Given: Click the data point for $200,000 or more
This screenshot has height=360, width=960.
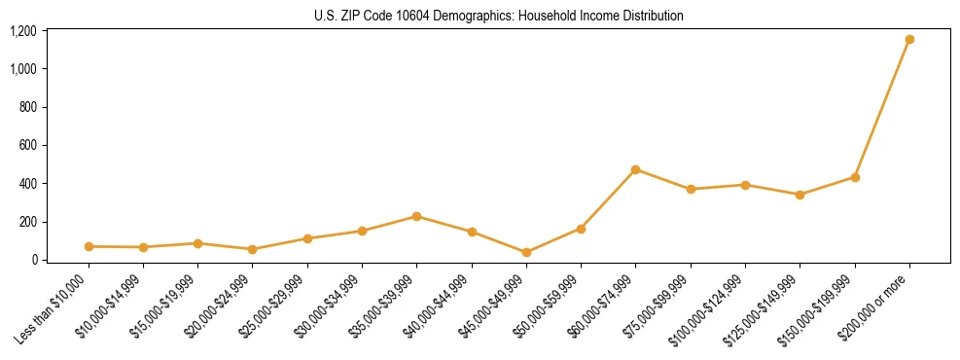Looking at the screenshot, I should coord(909,40).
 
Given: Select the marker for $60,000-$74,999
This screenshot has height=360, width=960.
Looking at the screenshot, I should coord(636,169).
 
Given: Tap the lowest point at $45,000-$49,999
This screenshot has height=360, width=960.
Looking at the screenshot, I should coord(526,252).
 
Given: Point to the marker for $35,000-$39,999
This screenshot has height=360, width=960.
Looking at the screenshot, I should coord(417,216).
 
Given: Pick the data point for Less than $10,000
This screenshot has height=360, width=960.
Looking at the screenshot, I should coord(89,246).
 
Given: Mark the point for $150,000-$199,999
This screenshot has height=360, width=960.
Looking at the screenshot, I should coord(855,177).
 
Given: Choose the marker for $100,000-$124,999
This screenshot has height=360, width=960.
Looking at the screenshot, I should coord(745,185).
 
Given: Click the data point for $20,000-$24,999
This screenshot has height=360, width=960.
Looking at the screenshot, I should coord(253,249).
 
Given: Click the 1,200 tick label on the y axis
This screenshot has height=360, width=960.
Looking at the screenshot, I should coord(22,31).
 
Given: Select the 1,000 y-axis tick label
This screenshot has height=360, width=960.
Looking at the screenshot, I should coord(22,69).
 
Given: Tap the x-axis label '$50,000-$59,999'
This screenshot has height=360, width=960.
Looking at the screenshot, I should coord(552,306).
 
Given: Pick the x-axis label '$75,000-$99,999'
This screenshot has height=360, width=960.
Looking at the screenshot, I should coord(661,306).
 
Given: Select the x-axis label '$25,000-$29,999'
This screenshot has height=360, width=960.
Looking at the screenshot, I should coord(278,306).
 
